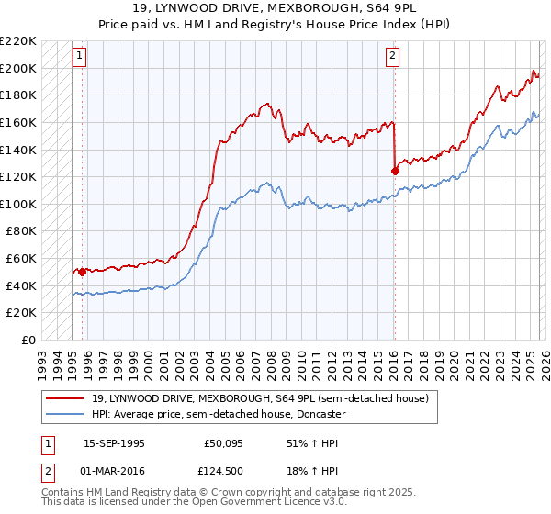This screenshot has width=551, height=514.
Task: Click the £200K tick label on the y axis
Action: coord(18,68)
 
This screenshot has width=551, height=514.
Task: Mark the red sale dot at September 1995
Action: coord(82,272)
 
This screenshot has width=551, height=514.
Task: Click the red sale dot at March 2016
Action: coord(395,170)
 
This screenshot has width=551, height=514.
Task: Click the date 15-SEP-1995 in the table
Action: coord(114,442)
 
